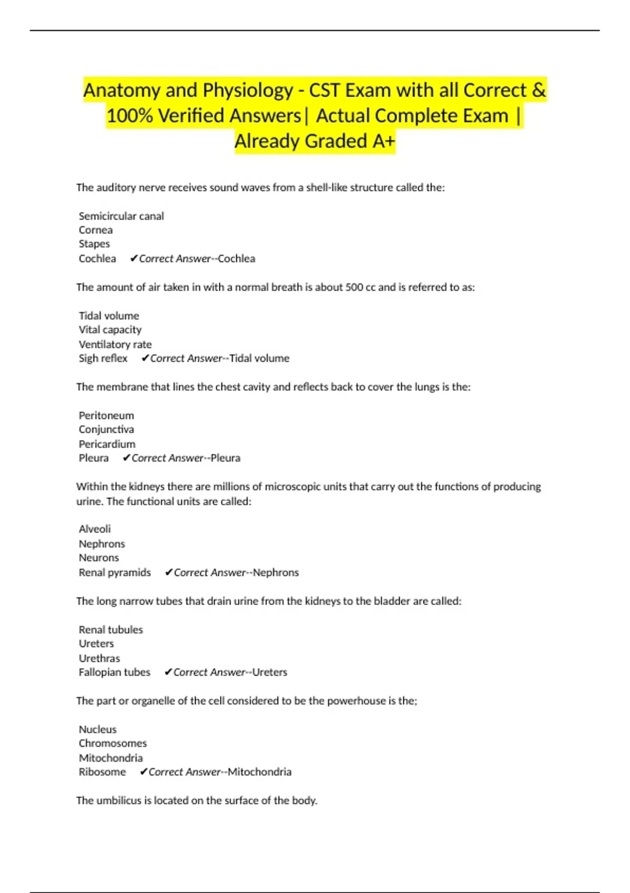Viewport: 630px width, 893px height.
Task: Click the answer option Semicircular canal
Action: pos(121,216)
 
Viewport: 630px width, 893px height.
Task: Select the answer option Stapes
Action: pos(94,244)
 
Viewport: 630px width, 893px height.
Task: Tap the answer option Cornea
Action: pos(96,230)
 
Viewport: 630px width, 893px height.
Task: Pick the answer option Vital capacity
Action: pos(110,330)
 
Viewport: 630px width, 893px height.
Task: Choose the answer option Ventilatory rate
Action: pos(115,344)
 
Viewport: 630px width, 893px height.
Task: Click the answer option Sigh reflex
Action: pos(103,358)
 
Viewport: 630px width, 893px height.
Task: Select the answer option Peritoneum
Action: pos(106,416)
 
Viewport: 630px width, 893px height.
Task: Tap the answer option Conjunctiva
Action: pos(106,430)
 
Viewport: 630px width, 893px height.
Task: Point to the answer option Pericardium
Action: pos(107,444)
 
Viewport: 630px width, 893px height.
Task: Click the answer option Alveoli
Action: pos(94,529)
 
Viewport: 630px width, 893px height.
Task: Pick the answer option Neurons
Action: pos(99,558)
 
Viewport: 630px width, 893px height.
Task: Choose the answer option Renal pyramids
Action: pos(114,572)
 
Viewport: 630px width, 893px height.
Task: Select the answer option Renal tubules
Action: pos(111,629)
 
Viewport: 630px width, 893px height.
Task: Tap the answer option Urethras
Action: pos(99,658)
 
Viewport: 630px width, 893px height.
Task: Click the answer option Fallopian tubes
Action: pos(114,672)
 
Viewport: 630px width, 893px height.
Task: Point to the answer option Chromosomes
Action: pos(113,743)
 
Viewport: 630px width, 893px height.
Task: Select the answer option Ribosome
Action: pos(102,772)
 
